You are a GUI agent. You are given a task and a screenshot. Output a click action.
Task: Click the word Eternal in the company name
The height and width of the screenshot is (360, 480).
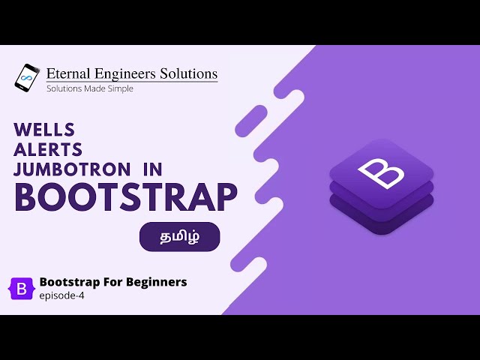pyautogui.click(x=64, y=73)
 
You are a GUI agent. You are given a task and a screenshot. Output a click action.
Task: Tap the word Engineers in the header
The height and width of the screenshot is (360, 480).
pyautogui.click(x=119, y=73)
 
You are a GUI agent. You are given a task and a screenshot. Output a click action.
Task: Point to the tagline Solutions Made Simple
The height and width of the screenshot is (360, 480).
pyautogui.click(x=90, y=88)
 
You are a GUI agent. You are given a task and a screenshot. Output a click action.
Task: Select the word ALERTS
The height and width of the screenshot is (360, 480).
pyautogui.click(x=48, y=149)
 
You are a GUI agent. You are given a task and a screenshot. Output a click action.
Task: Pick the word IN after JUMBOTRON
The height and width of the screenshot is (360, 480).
pyautogui.click(x=152, y=169)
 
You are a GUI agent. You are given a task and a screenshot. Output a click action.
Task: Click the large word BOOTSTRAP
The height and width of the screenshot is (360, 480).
pyautogui.click(x=125, y=197)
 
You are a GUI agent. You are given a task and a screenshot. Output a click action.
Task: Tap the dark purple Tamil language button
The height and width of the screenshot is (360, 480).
pyautogui.click(x=180, y=237)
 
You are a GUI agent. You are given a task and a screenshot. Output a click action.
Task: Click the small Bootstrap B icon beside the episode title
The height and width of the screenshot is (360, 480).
pyautogui.click(x=21, y=288)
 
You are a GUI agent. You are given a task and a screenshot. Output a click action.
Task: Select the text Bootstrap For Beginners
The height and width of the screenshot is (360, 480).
pyautogui.click(x=112, y=282)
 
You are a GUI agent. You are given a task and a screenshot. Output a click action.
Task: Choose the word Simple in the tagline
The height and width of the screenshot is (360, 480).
pyautogui.click(x=120, y=88)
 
